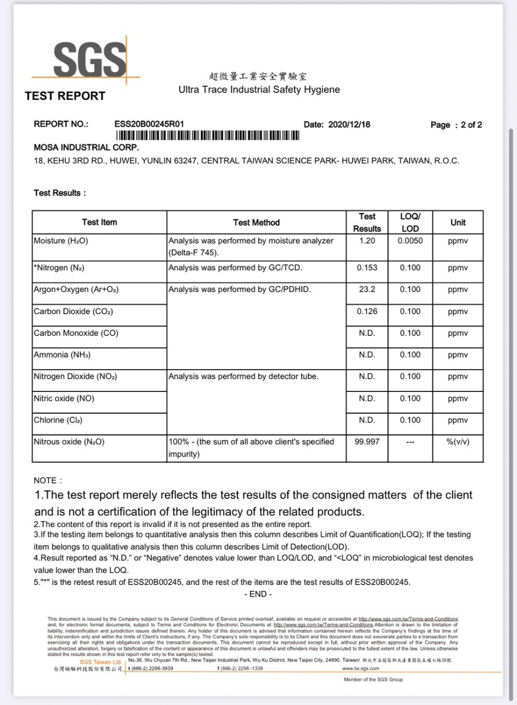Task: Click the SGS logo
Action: (x=89, y=59)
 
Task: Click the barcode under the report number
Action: (x=208, y=135)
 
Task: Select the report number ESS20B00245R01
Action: (x=149, y=124)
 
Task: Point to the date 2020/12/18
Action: (x=349, y=125)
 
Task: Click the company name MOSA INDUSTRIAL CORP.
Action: (x=86, y=147)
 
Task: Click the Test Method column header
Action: (x=256, y=223)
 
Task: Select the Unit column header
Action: (x=458, y=223)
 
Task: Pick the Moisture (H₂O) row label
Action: (x=61, y=241)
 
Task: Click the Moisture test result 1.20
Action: (x=367, y=241)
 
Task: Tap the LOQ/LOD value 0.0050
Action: (x=410, y=241)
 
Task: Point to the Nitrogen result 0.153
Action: (x=367, y=268)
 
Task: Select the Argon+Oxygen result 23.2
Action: (x=367, y=289)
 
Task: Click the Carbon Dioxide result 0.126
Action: (x=367, y=312)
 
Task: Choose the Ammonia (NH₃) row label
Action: (x=62, y=355)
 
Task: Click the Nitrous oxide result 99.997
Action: (x=367, y=442)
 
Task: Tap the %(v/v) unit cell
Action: (x=458, y=442)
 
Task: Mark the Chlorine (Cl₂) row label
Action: (x=58, y=420)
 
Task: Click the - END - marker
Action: (x=258, y=594)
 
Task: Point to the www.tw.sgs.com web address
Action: (x=360, y=669)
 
